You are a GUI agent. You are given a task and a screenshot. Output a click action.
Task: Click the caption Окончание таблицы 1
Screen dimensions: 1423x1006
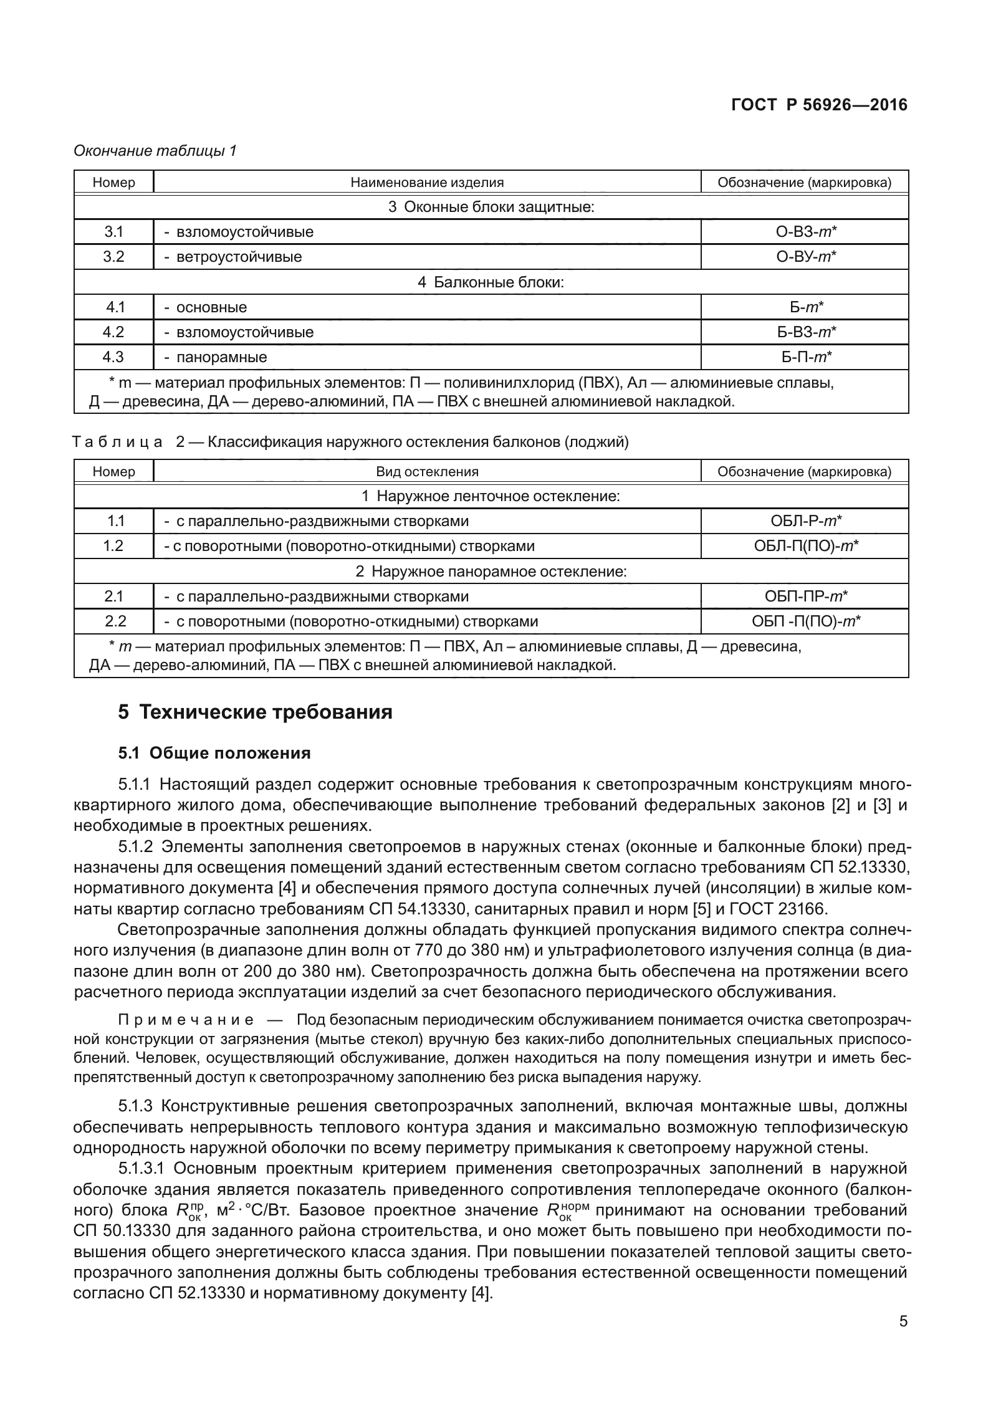coord(155,151)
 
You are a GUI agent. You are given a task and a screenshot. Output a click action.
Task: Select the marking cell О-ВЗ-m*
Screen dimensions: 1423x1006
coord(804,232)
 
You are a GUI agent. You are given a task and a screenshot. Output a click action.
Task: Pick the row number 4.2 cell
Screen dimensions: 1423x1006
coord(113,332)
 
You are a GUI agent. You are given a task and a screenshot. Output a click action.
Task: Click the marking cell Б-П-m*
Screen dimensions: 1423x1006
coord(804,357)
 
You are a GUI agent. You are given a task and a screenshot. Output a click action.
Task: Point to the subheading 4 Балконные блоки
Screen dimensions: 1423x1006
coord(491,282)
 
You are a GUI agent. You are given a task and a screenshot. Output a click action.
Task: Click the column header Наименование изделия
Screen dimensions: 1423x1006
coord(427,183)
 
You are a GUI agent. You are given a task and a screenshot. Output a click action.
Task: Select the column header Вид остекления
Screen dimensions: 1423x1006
coord(427,471)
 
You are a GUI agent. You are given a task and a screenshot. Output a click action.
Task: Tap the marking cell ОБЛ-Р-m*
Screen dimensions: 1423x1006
coord(804,521)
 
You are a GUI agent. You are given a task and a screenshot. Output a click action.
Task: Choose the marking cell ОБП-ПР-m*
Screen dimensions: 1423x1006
coord(804,597)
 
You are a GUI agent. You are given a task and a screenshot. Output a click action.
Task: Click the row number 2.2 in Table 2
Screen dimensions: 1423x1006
coord(113,621)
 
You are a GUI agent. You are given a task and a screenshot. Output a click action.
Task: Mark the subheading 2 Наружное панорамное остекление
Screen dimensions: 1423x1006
coord(491,572)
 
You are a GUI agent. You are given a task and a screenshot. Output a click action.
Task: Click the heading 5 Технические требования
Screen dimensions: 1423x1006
coord(256,712)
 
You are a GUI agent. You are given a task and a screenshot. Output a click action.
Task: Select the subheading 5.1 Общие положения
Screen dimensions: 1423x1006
coord(214,754)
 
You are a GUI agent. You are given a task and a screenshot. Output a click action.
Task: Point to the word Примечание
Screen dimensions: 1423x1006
coord(186,1020)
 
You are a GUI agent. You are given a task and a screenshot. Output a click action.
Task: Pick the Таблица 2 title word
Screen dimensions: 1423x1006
coord(118,443)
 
